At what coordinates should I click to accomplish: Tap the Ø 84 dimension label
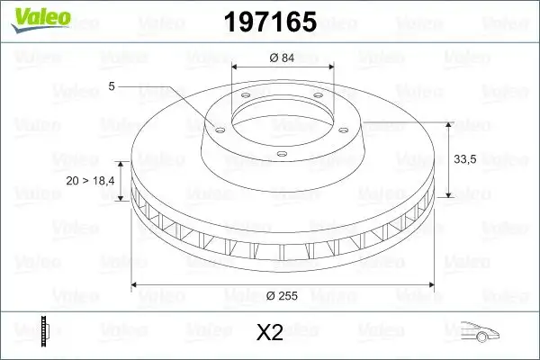(x=283, y=58)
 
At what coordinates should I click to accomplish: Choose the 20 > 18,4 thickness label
(x=91, y=181)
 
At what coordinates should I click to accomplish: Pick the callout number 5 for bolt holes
(x=111, y=87)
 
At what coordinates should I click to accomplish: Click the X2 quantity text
(x=270, y=333)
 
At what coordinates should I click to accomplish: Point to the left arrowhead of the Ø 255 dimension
(x=135, y=285)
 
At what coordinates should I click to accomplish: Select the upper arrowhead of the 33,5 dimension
(x=449, y=122)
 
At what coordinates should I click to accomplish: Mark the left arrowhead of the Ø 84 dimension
(x=235, y=67)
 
